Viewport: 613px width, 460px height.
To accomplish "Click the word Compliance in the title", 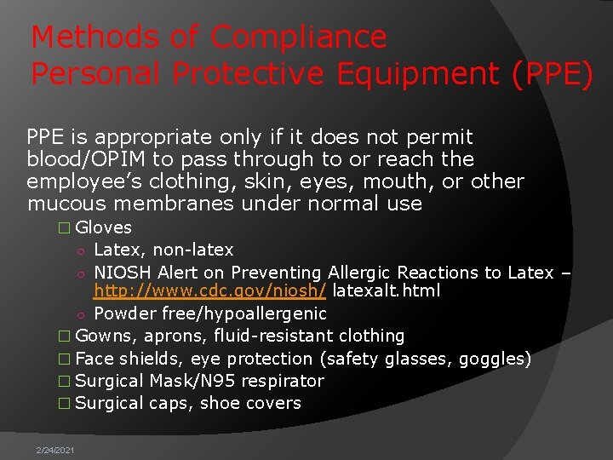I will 299,37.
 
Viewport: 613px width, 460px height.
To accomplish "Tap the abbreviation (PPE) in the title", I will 552,75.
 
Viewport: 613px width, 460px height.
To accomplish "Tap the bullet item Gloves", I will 103,227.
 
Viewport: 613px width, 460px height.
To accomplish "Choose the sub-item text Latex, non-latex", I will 163,250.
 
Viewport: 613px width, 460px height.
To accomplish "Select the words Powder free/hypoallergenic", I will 210,313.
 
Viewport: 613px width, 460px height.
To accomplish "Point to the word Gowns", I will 100,336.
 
